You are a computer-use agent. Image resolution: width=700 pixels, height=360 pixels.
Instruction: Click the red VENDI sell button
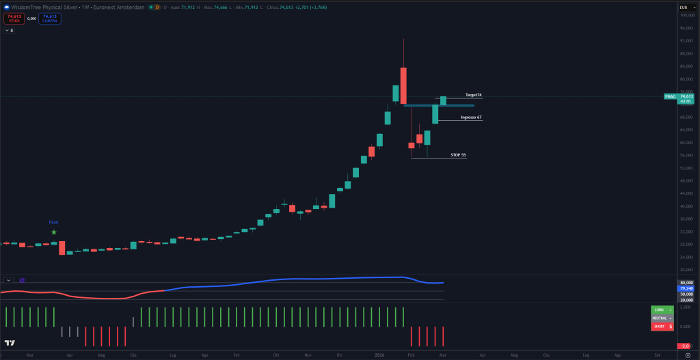(x=14, y=18)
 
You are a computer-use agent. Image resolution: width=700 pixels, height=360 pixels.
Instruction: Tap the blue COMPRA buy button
(x=50, y=18)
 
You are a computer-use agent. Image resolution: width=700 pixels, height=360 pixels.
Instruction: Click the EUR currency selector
(x=686, y=8)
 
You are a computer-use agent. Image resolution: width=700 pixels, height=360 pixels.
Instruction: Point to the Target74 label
(x=473, y=95)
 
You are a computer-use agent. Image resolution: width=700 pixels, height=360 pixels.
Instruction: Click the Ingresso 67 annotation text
(x=471, y=117)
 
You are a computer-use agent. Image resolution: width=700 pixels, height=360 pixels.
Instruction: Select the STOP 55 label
(x=458, y=155)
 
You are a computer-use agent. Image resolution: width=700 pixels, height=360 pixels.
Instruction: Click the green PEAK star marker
(x=54, y=232)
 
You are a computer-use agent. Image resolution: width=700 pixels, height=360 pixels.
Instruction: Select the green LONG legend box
(x=662, y=309)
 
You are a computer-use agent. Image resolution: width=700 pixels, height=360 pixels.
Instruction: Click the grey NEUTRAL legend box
(x=662, y=318)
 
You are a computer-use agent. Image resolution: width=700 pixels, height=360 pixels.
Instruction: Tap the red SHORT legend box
(x=662, y=327)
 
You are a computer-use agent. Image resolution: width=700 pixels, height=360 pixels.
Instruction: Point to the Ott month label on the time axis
(x=276, y=355)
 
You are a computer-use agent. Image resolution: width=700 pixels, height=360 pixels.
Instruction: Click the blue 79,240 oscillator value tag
(x=686, y=288)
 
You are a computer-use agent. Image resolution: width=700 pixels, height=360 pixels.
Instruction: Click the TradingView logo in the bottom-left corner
(x=10, y=343)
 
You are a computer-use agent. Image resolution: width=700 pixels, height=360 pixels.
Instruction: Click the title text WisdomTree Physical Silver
(x=48, y=7)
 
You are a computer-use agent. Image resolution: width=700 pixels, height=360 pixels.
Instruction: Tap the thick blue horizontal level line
(x=438, y=105)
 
